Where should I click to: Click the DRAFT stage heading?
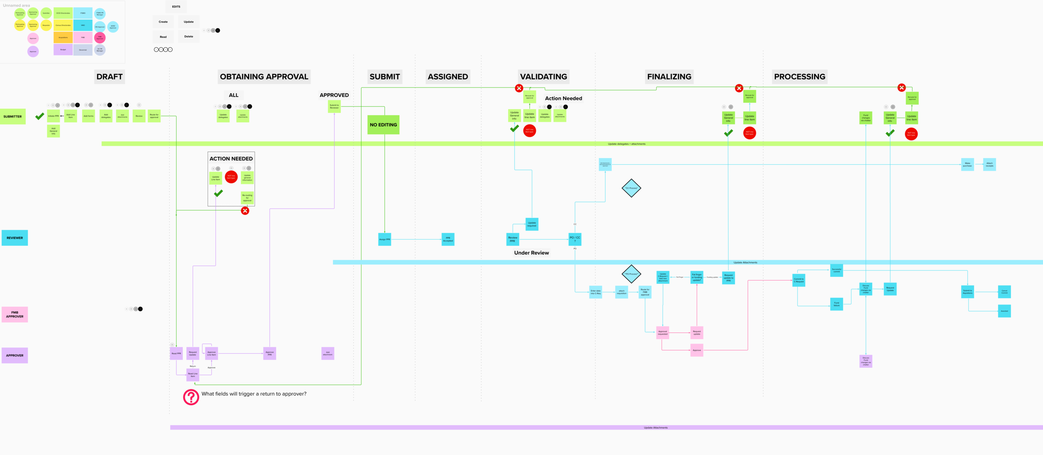pyautogui.click(x=109, y=77)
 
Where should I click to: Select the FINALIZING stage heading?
pyautogui.click(x=669, y=77)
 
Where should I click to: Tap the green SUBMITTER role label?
pyautogui.click(x=13, y=117)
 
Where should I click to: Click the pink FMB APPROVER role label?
pyautogui.click(x=15, y=314)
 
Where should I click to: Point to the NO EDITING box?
pyautogui.click(x=383, y=125)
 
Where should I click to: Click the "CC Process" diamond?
pyautogui.click(x=631, y=188)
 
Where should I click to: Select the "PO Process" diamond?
pyautogui.click(x=631, y=274)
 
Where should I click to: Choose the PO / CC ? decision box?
pyautogui.click(x=574, y=239)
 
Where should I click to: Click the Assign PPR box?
pyautogui.click(x=384, y=239)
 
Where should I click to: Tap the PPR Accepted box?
pyautogui.click(x=448, y=239)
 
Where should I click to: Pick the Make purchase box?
pyautogui.click(x=967, y=165)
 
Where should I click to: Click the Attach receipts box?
pyautogui.click(x=989, y=165)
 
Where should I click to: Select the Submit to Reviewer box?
pyautogui.click(x=334, y=107)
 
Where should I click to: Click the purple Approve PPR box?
pyautogui.click(x=270, y=353)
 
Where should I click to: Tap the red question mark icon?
pyautogui.click(x=191, y=397)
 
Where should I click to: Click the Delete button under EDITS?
pyautogui.click(x=189, y=37)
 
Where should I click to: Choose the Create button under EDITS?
pyautogui.click(x=163, y=22)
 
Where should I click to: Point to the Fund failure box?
pyautogui.click(x=836, y=304)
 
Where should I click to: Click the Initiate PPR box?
pyautogui.click(x=53, y=116)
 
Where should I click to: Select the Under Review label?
pyautogui.click(x=531, y=253)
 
